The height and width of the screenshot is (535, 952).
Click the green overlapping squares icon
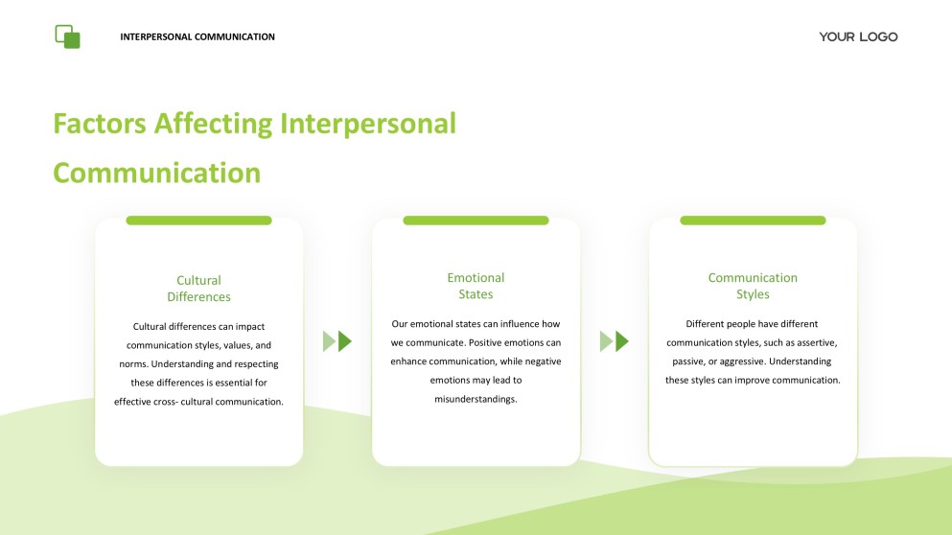point(67,36)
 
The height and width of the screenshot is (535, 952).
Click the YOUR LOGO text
point(858,36)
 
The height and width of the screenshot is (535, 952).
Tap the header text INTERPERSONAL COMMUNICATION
point(197,37)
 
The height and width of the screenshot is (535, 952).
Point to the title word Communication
point(156,173)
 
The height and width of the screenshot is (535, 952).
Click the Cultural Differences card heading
point(198,289)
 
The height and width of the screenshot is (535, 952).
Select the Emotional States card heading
point(476,286)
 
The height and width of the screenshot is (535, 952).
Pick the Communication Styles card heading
point(753,286)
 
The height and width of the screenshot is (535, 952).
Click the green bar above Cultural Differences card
point(198,221)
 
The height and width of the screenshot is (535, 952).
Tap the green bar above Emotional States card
point(476,221)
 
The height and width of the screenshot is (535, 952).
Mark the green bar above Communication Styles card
point(753,221)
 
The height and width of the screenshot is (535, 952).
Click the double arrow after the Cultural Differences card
point(337,340)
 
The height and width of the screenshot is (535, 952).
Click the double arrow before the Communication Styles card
point(615,340)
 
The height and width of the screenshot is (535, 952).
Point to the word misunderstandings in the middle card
point(476,399)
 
